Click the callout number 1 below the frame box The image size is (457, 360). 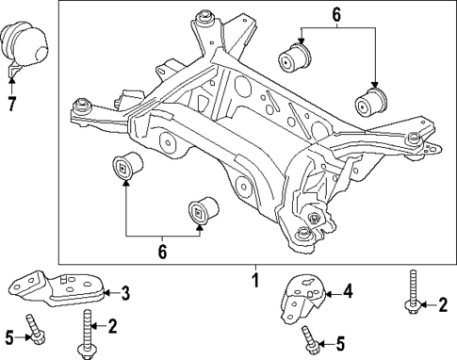[x=254, y=280]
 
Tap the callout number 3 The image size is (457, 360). [x=124, y=293]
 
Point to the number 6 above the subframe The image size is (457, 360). [x=336, y=14]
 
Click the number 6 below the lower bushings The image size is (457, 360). [x=162, y=252]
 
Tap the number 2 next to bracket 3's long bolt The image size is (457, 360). [x=112, y=326]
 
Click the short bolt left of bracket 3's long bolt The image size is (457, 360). [x=37, y=333]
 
